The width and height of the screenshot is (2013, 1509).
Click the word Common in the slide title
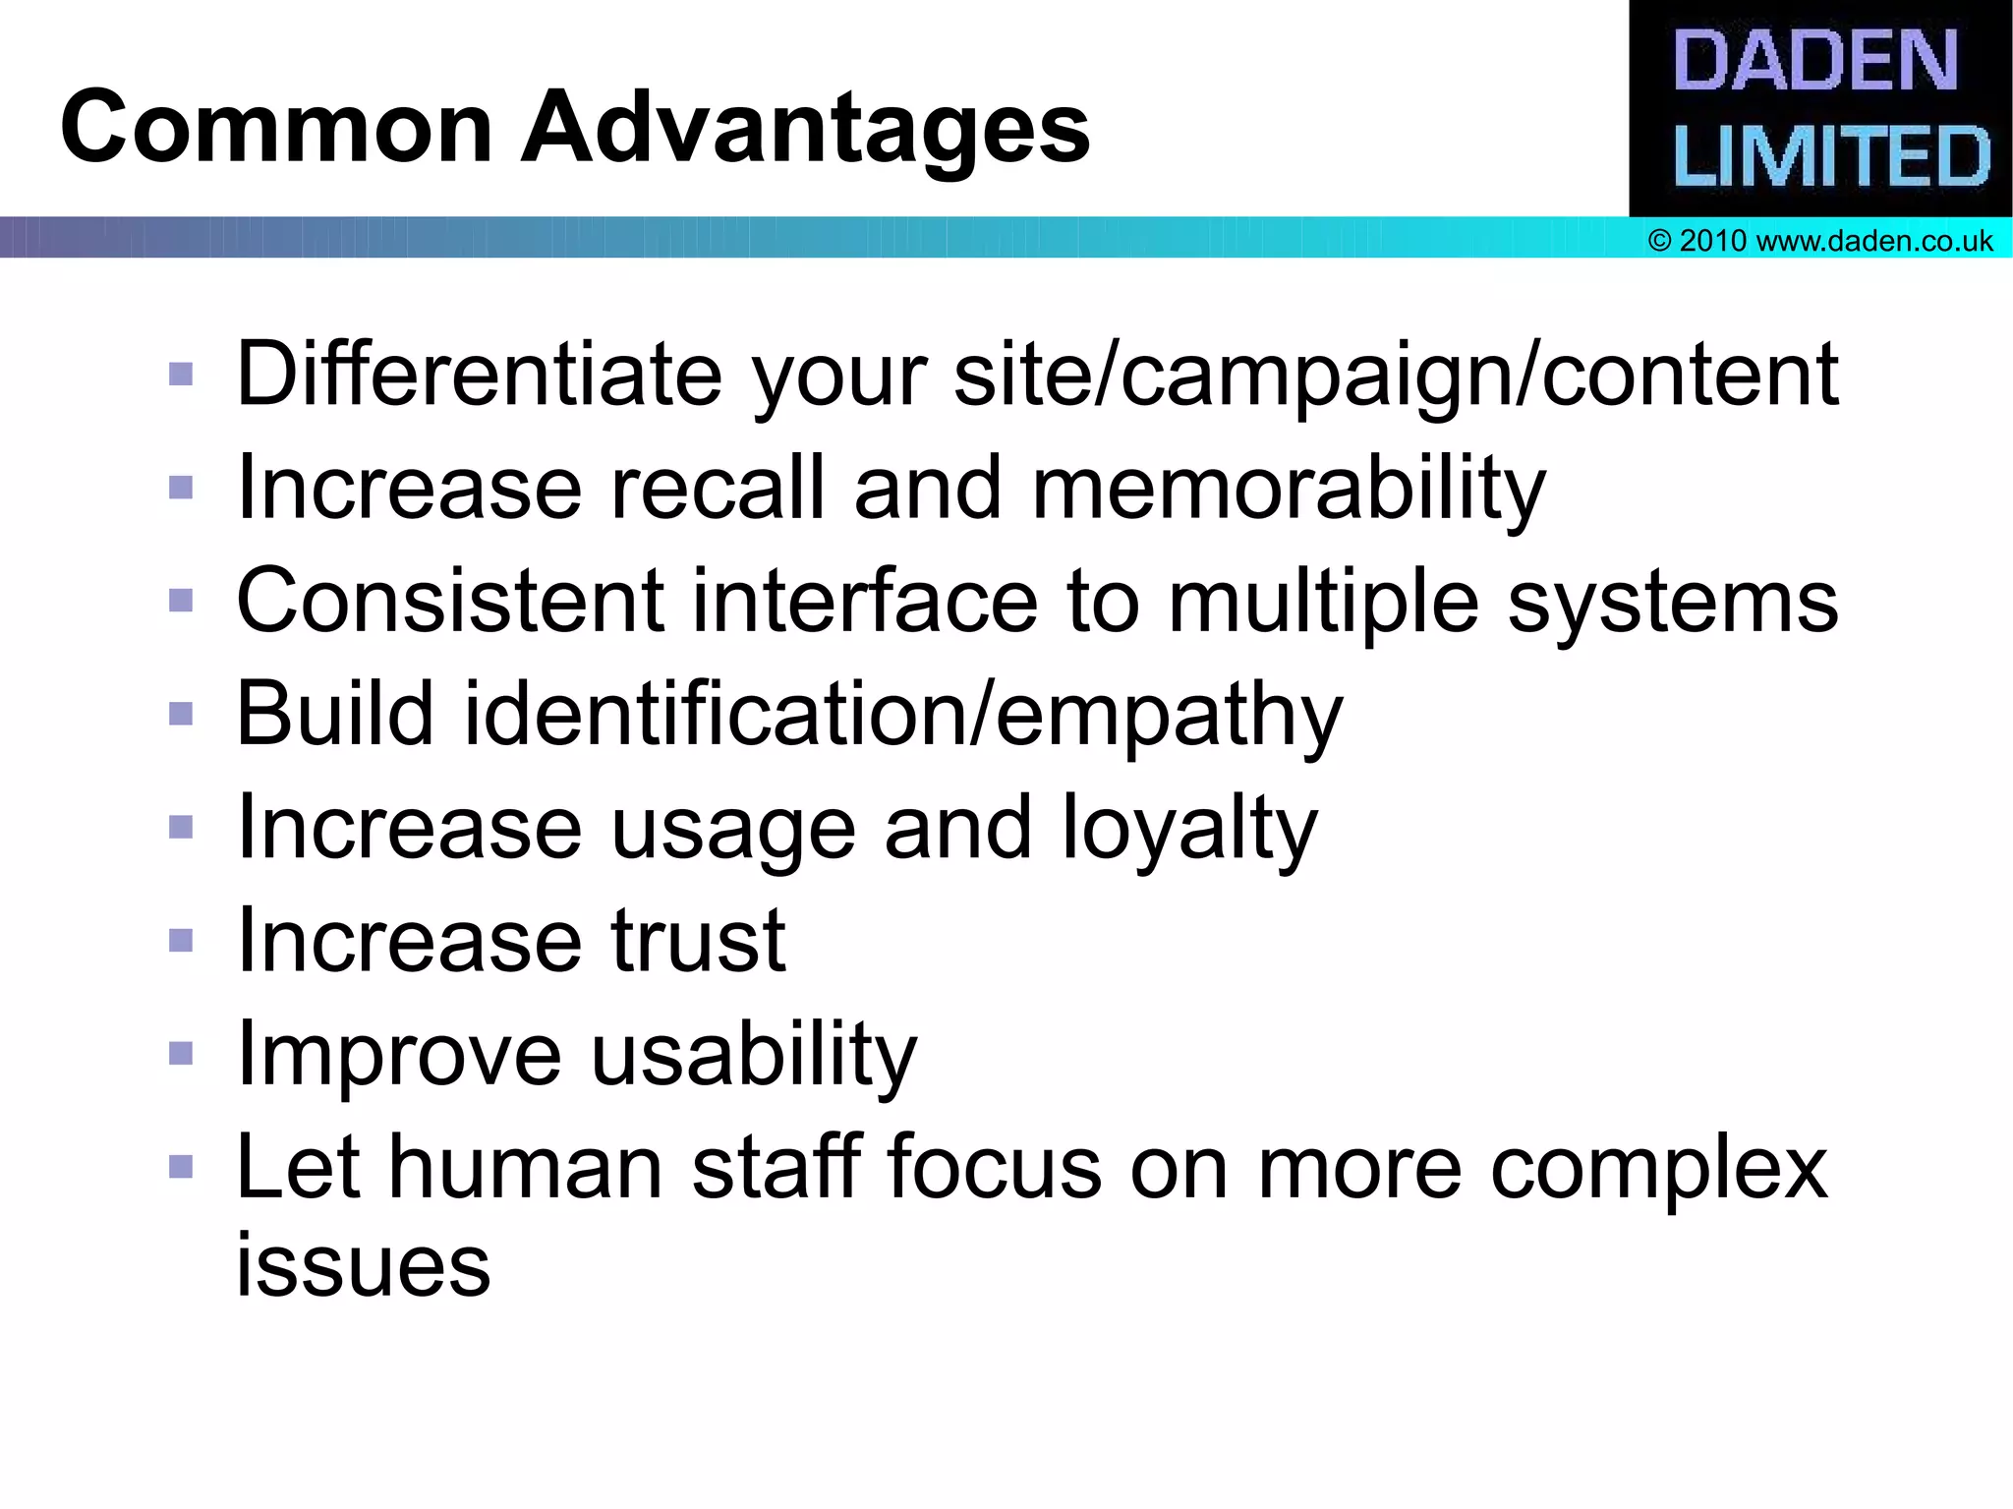[276, 128]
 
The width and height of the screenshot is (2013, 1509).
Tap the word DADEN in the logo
[1816, 61]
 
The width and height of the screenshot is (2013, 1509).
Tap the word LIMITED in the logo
[1831, 155]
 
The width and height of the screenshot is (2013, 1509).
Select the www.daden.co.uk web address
[1874, 241]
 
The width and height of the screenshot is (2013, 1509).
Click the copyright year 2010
[1713, 241]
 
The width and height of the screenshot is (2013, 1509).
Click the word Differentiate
[479, 374]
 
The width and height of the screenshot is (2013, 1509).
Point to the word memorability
[1289, 489]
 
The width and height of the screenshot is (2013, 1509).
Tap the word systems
[1672, 602]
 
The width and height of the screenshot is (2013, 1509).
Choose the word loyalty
[1189, 829]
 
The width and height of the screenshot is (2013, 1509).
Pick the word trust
[698, 941]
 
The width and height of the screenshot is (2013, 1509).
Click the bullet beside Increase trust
[181, 941]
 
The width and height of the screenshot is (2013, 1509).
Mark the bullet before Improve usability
[181, 1054]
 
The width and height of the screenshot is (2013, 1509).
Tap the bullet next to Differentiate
[181, 374]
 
